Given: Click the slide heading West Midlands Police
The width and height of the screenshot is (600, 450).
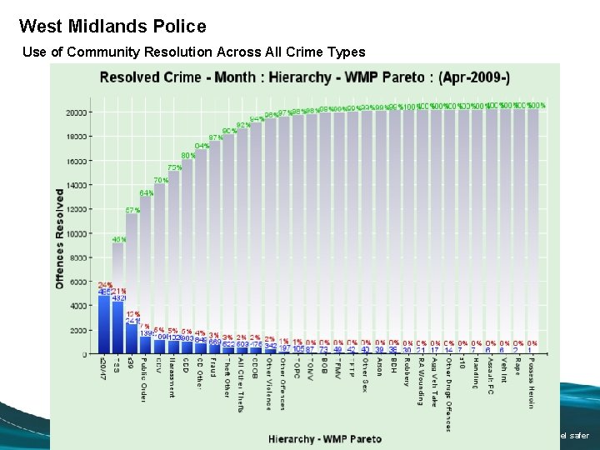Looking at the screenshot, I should coord(112,27).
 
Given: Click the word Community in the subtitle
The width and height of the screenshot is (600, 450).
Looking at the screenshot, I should coord(102,52).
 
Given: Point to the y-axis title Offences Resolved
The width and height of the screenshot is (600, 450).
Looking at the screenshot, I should coord(60,237).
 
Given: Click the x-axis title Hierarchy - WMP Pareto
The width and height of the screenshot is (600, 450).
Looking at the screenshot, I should coord(321,437).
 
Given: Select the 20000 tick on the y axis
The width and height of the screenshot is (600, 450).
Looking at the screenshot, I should coord(77,112).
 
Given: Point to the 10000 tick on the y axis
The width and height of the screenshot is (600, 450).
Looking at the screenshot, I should coord(77,233).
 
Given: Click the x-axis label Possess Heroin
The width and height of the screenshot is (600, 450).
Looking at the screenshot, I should coord(531,383).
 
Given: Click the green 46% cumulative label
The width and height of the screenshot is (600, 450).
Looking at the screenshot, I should coord(119,239).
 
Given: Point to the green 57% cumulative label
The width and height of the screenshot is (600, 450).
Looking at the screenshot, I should coord(132,210).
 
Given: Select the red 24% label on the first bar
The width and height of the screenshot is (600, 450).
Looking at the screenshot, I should coord(105,285).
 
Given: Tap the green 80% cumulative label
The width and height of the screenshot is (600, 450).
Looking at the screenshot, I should coord(188,155).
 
